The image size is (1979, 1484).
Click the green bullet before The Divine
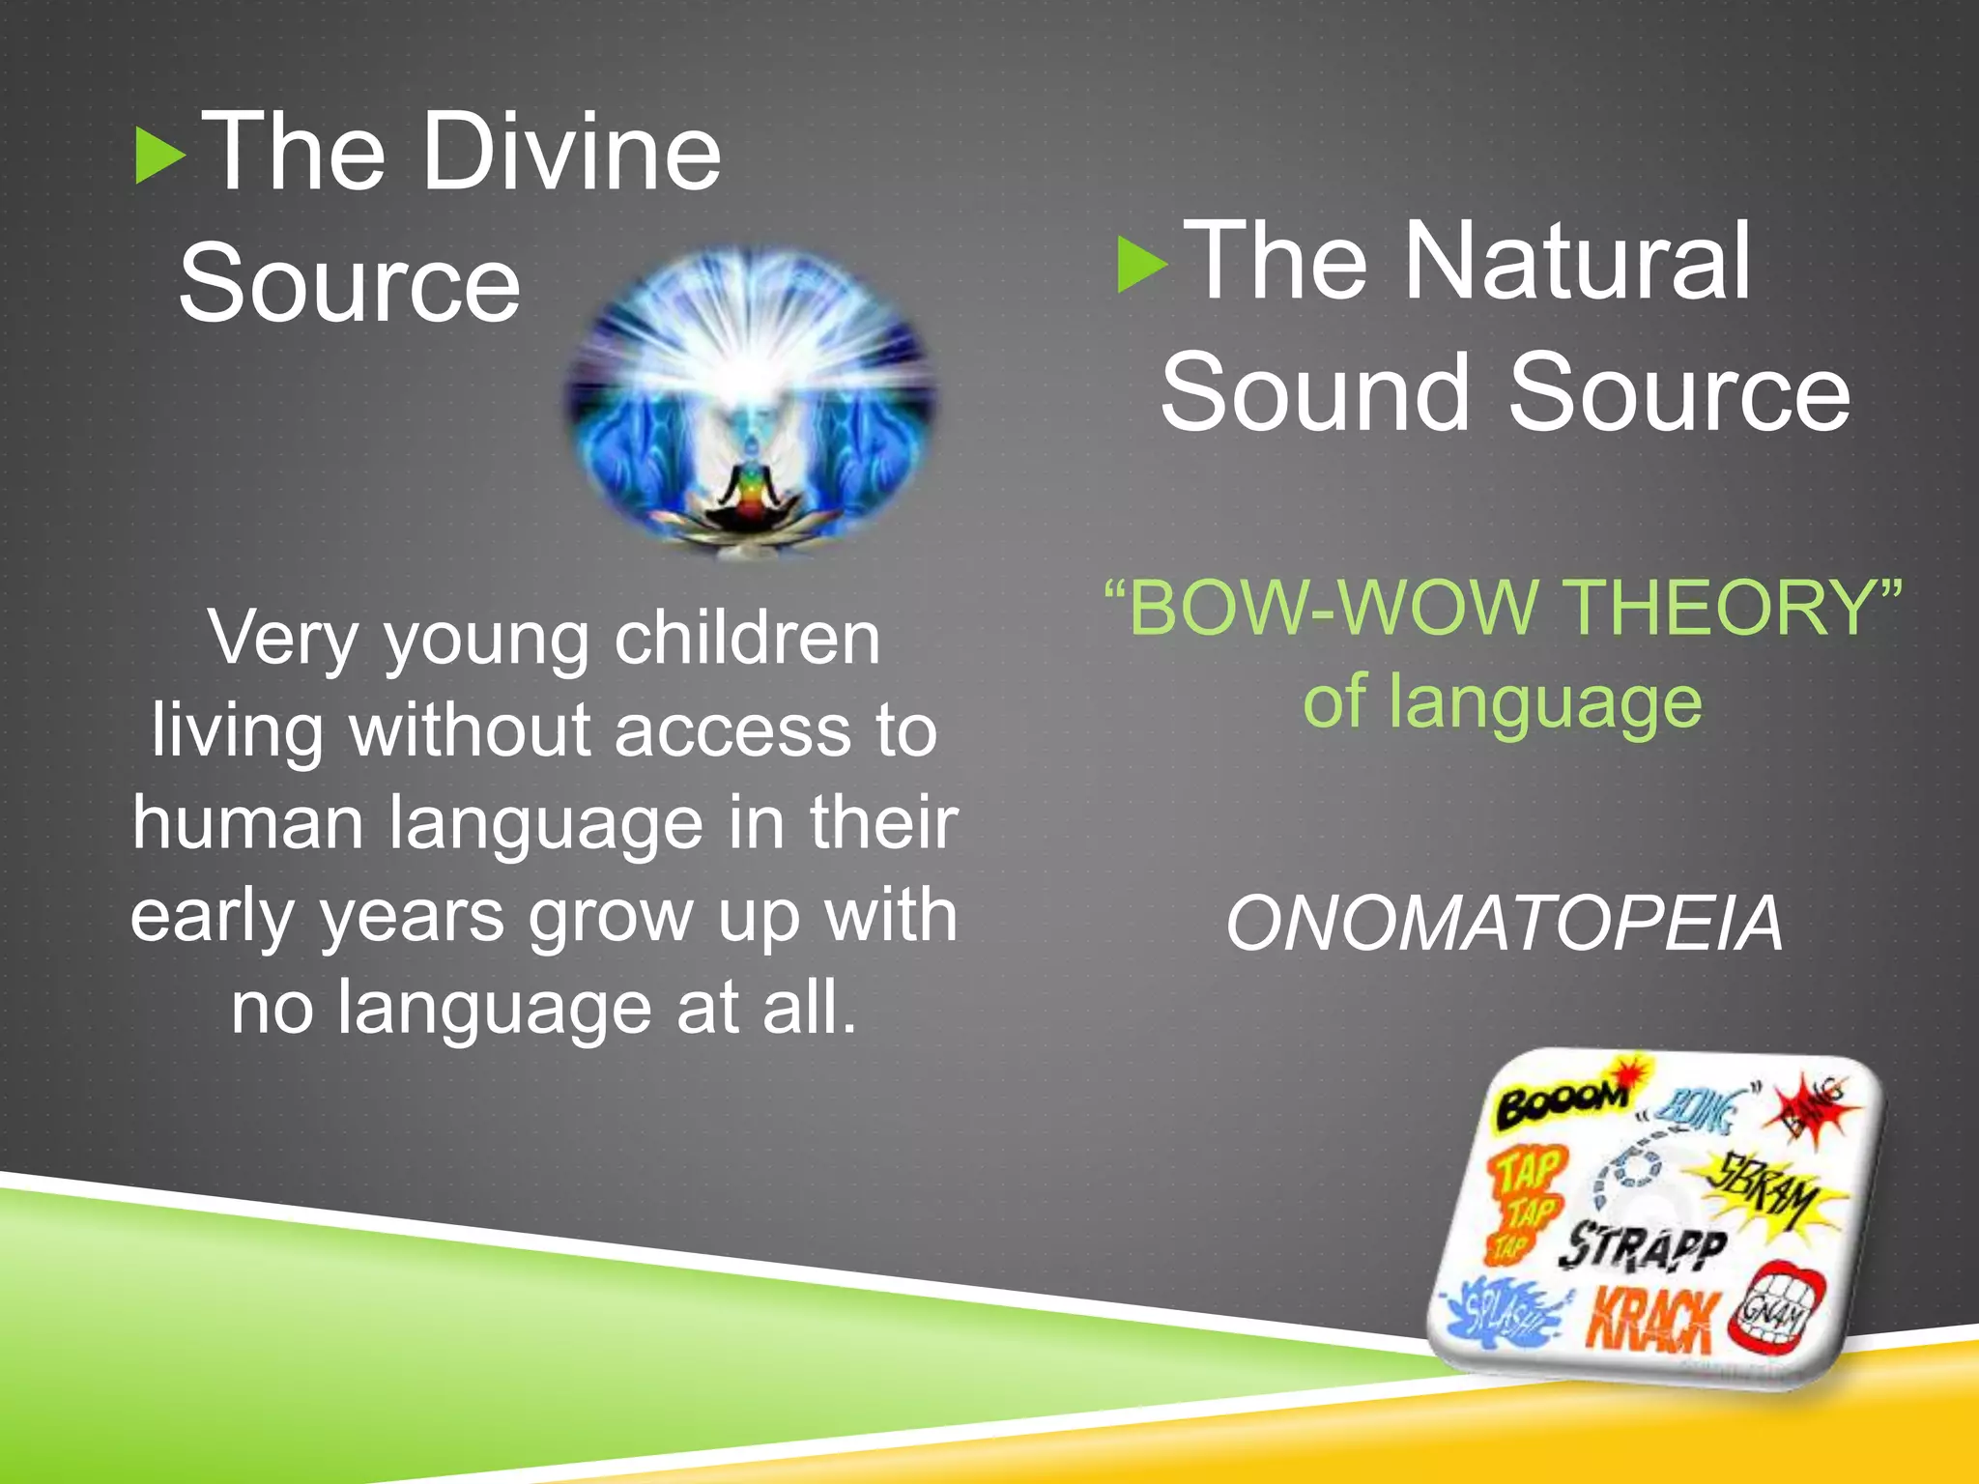tap(160, 156)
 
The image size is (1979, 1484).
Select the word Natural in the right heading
tap(1576, 261)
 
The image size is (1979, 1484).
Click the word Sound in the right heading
tap(1315, 392)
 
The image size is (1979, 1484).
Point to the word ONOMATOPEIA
tap(1503, 924)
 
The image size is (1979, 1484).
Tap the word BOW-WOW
tap(1334, 608)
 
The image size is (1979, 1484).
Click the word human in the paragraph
tap(247, 822)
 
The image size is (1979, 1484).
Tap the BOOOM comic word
tap(1561, 1101)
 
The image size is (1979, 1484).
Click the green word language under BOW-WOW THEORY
tap(1545, 702)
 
